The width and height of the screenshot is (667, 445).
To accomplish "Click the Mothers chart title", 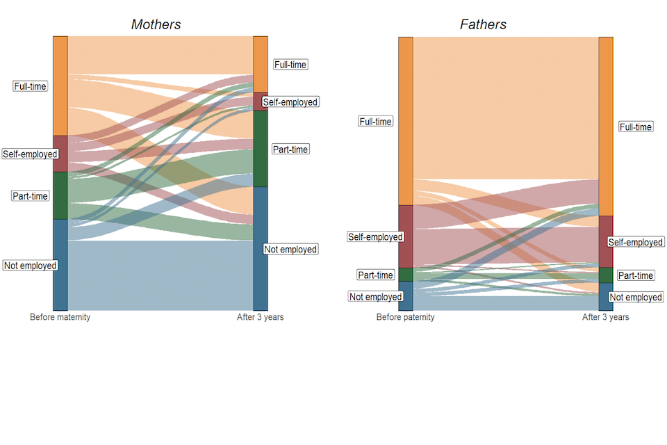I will coord(156,24).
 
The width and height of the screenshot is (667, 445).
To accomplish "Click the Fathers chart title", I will coord(483,24).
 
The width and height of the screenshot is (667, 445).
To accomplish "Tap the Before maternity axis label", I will coord(60,317).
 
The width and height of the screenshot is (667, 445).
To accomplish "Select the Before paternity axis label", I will coord(406,317).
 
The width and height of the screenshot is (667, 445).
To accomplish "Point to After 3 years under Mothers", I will coord(260,317).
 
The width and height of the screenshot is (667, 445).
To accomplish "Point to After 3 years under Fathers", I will coord(605,317).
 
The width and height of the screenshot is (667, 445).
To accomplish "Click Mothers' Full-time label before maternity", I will coord(31,86).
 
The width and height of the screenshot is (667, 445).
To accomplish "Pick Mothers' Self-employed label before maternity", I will coord(29,154).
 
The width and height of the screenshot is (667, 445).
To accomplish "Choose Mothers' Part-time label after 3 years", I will coord(290,149).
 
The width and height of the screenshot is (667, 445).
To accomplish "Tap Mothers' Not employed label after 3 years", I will coord(290,250).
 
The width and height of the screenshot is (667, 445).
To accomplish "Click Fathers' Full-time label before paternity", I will coord(376,122).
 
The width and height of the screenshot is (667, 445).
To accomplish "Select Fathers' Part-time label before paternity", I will coord(376,275).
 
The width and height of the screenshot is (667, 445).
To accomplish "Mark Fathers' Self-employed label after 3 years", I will coord(636,242).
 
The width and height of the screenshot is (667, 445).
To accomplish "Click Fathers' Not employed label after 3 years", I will coord(636,297).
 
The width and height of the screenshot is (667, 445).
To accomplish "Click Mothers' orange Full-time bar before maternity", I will coord(60,86).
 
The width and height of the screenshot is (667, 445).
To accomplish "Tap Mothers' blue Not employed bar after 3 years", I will coord(260,248).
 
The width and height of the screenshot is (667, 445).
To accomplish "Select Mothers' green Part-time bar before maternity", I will coord(60,195).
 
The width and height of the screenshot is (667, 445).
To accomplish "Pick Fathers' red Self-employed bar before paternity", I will coord(406,236).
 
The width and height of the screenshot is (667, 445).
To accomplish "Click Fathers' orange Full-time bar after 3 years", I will coord(606,126).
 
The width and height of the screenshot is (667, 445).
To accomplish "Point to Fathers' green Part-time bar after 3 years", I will coord(606,275).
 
